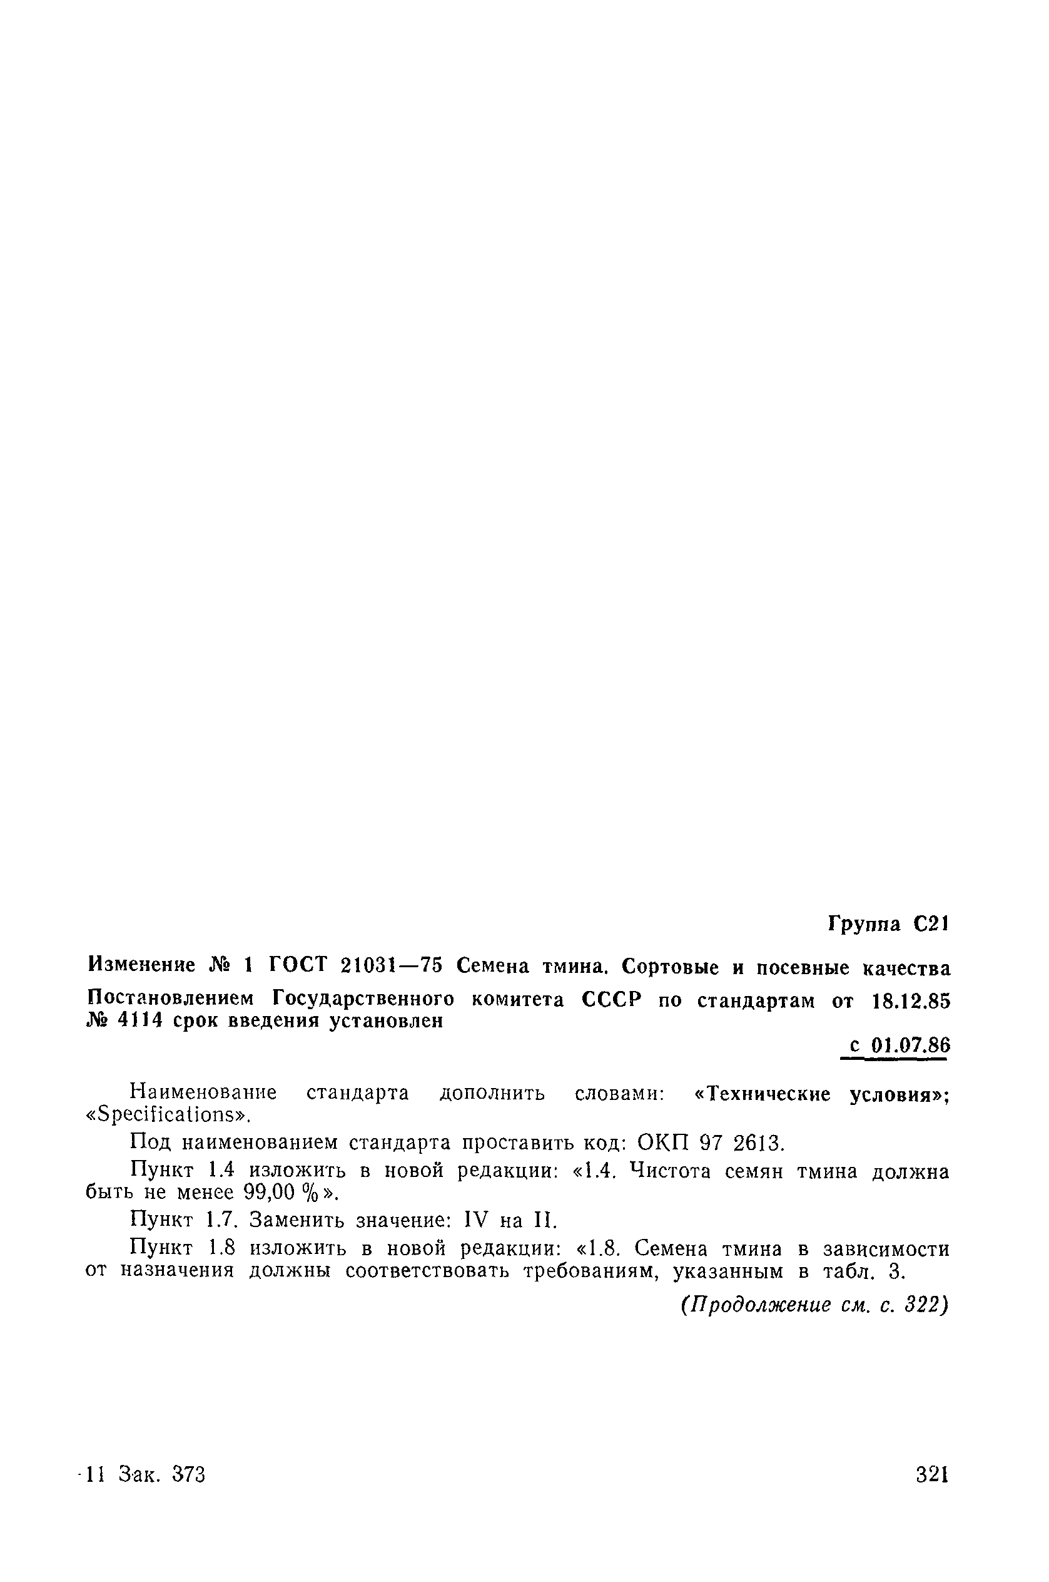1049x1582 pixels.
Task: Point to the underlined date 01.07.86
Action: coord(911,1045)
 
